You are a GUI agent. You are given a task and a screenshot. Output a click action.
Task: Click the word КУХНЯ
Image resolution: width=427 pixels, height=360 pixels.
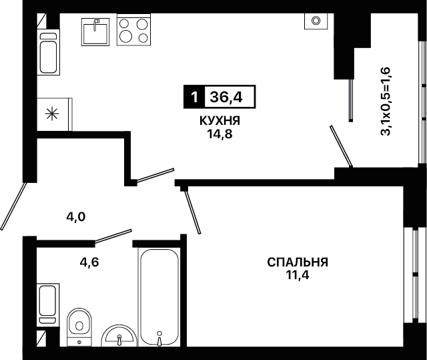[x=220, y=120]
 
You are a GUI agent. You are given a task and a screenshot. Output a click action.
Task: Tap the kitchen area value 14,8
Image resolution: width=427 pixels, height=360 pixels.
[x=220, y=134]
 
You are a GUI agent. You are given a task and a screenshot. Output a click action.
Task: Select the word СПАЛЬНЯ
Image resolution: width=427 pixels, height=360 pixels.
[x=298, y=262]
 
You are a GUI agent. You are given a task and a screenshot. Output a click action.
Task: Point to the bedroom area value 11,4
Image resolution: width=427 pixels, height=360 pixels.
[x=297, y=275]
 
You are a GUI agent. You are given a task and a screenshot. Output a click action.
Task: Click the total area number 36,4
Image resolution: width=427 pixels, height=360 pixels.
[x=226, y=97]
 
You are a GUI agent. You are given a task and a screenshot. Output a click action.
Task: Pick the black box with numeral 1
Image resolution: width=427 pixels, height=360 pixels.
[x=194, y=97]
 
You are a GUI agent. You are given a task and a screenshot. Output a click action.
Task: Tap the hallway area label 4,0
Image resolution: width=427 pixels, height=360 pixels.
[x=76, y=217]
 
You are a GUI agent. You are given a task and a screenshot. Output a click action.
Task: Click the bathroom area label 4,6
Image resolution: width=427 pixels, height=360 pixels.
[x=89, y=262]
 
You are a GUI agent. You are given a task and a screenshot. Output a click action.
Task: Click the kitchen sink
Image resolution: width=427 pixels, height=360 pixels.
[x=95, y=32]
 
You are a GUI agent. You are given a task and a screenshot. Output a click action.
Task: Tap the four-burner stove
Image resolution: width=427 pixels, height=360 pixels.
[x=133, y=29]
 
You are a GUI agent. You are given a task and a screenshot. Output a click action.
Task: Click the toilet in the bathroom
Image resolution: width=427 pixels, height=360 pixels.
[x=79, y=327]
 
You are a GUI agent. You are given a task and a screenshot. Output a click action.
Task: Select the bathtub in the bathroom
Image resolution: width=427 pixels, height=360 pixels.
[x=159, y=297]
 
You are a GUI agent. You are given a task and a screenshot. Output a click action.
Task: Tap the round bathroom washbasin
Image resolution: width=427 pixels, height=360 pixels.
[x=119, y=335]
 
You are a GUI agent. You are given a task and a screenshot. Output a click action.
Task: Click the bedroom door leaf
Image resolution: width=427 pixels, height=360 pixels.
[x=193, y=212]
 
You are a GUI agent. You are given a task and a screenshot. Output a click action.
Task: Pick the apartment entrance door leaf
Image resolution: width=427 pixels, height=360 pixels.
[x=13, y=206]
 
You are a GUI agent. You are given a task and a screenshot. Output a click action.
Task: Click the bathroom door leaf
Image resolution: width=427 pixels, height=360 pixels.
[x=113, y=236]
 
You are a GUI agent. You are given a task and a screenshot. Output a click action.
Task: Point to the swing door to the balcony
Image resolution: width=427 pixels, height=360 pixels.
[x=341, y=146]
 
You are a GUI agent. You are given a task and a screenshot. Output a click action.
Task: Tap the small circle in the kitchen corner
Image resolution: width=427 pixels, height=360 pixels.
[x=316, y=20]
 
